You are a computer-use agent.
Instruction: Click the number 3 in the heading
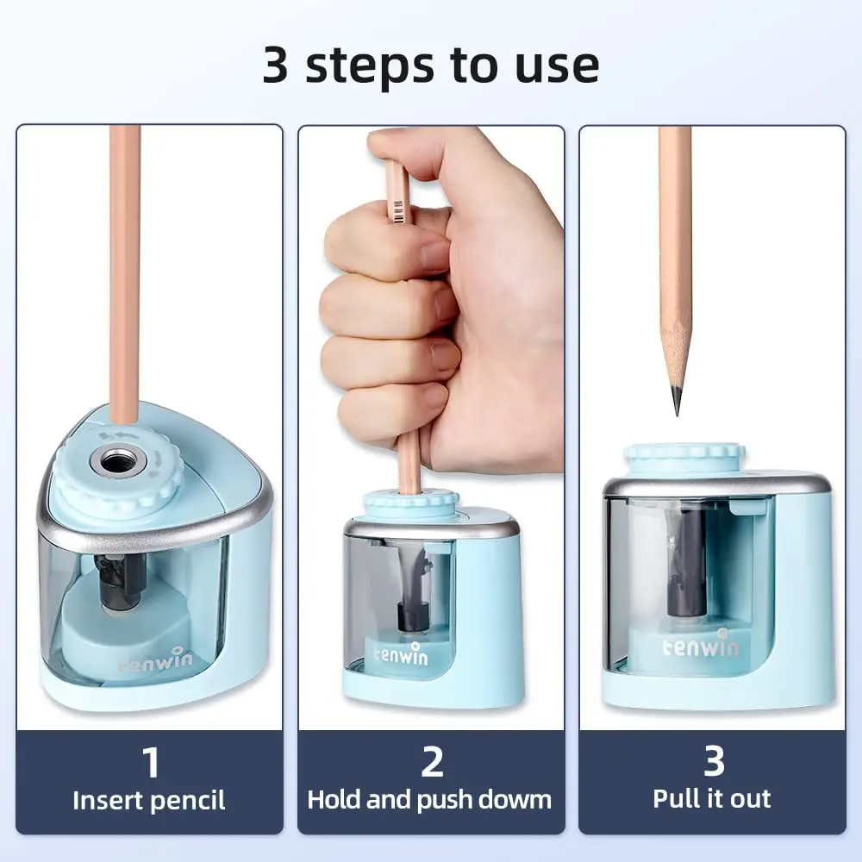pos(276,66)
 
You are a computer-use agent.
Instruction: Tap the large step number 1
pos(150,762)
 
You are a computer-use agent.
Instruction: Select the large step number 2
pos(431,762)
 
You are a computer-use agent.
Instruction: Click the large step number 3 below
pos(713,762)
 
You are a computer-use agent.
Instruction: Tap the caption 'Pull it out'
pos(713,798)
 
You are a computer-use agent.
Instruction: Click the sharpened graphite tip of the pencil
pos(676,401)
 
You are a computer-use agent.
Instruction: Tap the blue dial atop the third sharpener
pos(684,457)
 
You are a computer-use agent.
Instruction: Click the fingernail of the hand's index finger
pos(434,255)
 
